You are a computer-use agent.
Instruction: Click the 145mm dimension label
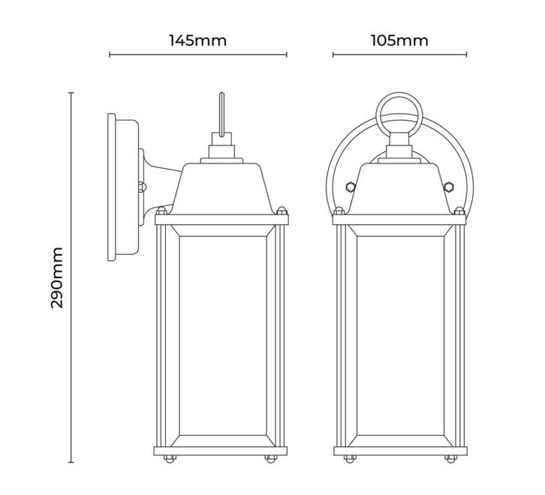point(197,40)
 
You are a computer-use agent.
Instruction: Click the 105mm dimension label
point(399,40)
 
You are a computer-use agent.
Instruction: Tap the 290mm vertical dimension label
point(56,277)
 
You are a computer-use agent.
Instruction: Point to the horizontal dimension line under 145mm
point(198,55)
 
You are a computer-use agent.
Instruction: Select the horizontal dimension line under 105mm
point(399,55)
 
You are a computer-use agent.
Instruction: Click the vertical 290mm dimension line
point(71,277)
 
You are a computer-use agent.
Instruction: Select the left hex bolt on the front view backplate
point(351,187)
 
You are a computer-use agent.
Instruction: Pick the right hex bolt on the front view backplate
point(448,187)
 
